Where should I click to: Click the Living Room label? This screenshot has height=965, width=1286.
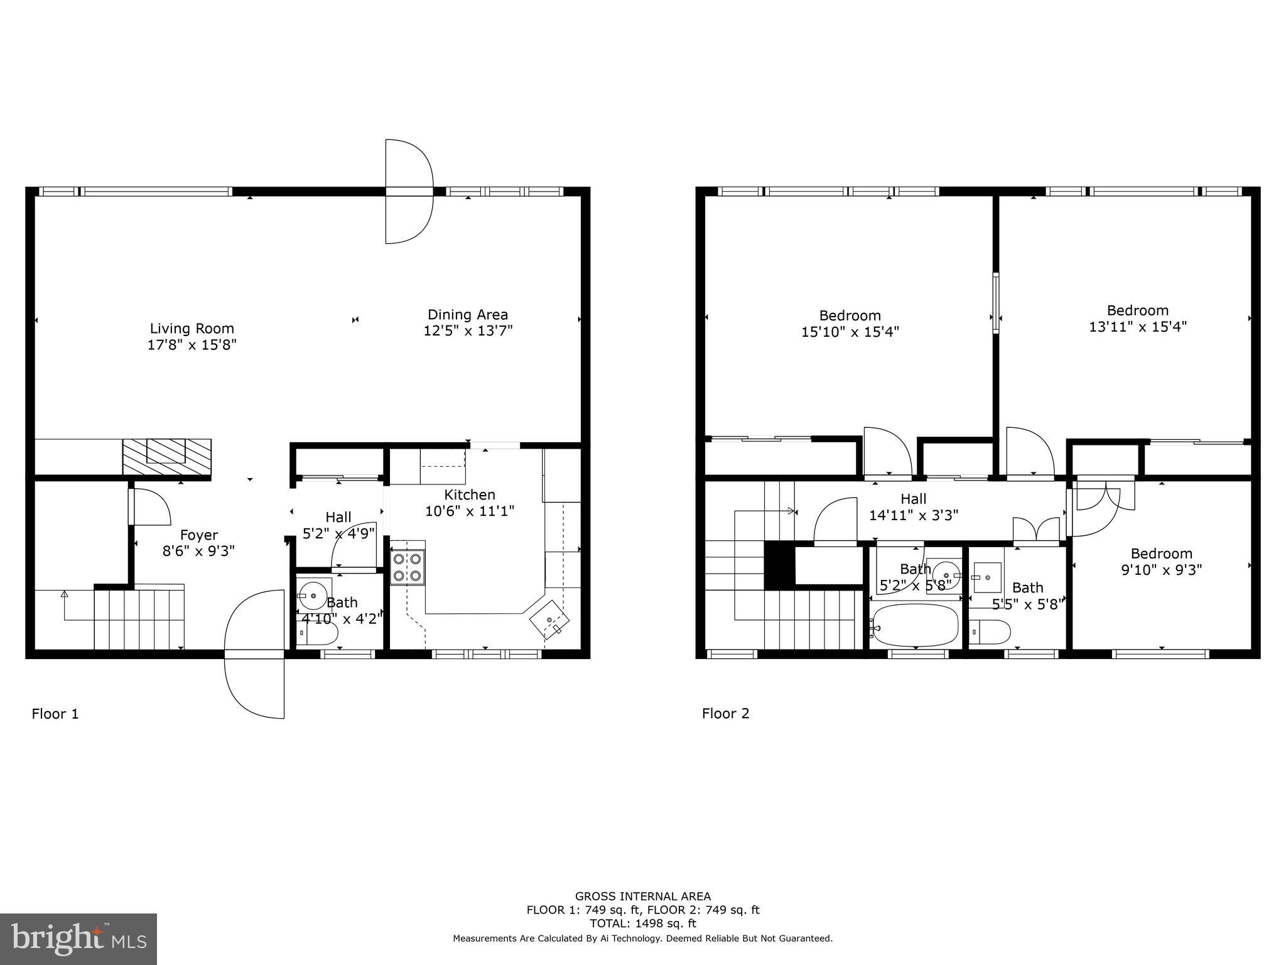pos(192,328)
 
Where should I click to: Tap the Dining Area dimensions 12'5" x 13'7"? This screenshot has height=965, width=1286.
pos(468,331)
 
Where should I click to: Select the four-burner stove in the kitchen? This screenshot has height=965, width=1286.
pos(407,567)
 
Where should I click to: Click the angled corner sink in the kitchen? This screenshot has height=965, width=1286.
pos(550,619)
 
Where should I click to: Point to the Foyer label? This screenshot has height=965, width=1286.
pos(198,535)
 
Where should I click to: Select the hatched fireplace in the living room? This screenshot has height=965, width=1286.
pos(166,457)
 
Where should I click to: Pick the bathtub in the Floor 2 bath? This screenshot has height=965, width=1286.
pos(916,625)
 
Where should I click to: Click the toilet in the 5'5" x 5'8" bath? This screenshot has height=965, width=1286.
pos(990,631)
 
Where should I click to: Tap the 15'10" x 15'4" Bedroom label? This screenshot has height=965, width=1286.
pos(850,315)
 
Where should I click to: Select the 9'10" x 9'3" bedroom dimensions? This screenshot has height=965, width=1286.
pos(1161,570)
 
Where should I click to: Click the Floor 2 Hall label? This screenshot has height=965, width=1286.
pos(913,499)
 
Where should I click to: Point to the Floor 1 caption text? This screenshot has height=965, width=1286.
pos(55,714)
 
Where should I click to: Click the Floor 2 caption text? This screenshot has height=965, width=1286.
pos(725,713)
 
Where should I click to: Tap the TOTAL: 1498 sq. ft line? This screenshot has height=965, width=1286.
pos(642,924)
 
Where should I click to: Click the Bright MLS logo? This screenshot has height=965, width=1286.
pos(78,939)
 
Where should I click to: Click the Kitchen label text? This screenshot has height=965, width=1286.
pos(470,494)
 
